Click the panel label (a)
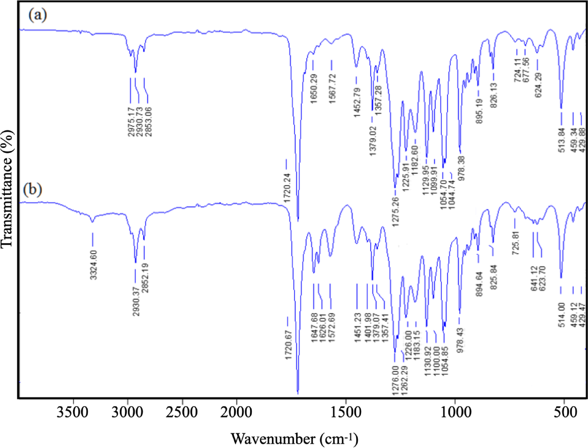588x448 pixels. (38, 15)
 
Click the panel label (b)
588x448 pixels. (32, 190)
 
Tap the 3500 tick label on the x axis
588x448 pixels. (72, 412)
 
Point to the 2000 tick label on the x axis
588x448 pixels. (236, 412)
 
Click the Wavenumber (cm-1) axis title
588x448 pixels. (294, 439)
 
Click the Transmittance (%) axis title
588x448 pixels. (7, 189)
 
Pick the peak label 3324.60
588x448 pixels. (94, 265)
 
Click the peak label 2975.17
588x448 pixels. (131, 122)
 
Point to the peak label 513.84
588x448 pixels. (562, 140)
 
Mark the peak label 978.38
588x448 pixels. (462, 168)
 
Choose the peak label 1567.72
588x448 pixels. (333, 89)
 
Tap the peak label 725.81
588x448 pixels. (516, 243)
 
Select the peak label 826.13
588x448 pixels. (494, 95)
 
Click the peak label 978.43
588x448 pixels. (460, 340)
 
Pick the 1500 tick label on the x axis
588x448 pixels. (346, 412)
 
